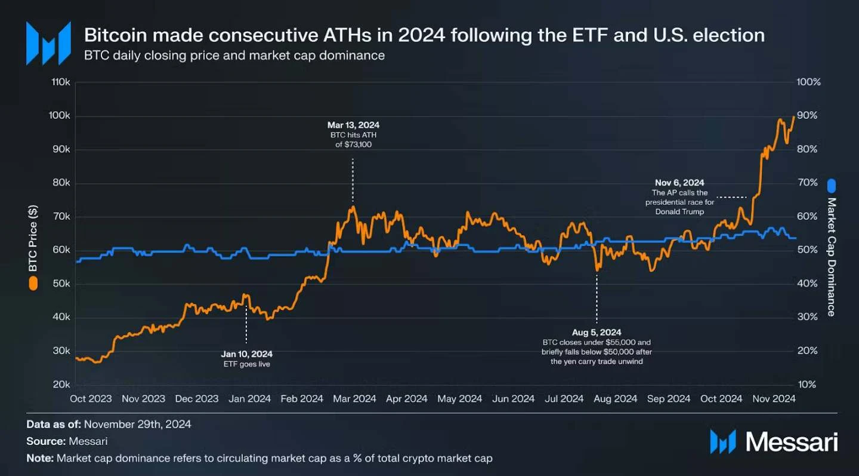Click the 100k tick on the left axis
click(61, 116)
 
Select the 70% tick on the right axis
click(809, 183)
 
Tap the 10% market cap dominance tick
click(809, 385)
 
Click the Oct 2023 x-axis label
click(91, 399)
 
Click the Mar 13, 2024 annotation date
click(353, 125)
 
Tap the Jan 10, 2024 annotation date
click(246, 354)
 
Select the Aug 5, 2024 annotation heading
click(596, 332)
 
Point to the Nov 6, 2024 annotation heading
click(679, 183)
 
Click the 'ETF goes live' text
click(246, 364)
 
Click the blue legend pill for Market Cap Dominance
click(832, 186)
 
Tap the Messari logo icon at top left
click(48, 43)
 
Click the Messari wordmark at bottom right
click(791, 442)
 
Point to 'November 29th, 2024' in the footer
click(138, 425)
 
